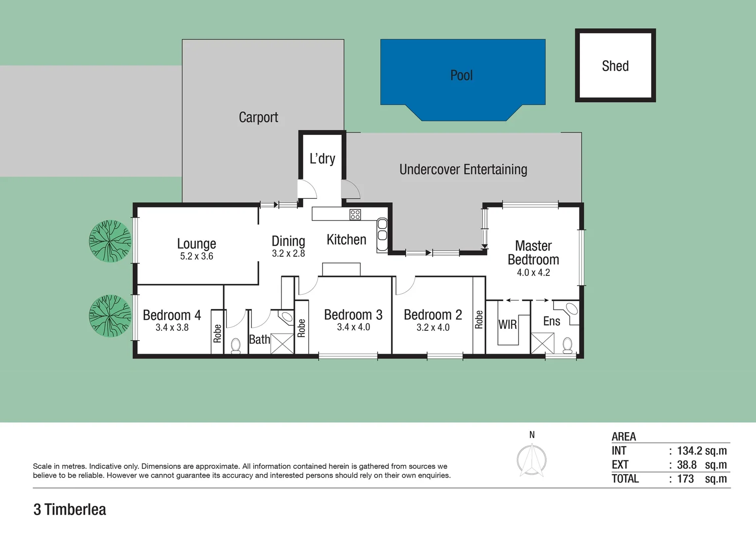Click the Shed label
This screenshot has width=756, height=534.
point(615,66)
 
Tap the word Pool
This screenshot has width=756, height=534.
point(461,75)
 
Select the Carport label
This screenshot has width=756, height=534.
point(258,117)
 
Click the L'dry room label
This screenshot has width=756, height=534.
point(322,159)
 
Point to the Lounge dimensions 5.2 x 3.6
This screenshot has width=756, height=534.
point(196,256)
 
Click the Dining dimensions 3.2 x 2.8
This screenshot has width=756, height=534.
point(288,253)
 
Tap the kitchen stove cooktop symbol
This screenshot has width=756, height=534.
point(355,215)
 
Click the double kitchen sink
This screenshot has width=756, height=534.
point(382,229)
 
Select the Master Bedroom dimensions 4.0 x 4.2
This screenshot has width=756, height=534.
point(533,272)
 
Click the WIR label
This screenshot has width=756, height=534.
point(507,325)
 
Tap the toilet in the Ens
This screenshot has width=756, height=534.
point(567,344)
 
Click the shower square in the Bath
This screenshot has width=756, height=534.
point(283,344)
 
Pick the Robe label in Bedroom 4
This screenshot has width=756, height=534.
point(217,333)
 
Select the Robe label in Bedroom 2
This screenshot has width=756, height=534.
point(478,319)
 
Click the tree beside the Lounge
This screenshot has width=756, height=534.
point(110,241)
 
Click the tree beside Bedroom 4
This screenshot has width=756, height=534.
point(110,316)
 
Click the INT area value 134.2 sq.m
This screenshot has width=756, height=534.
point(702,451)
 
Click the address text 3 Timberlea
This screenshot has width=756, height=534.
point(70,509)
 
